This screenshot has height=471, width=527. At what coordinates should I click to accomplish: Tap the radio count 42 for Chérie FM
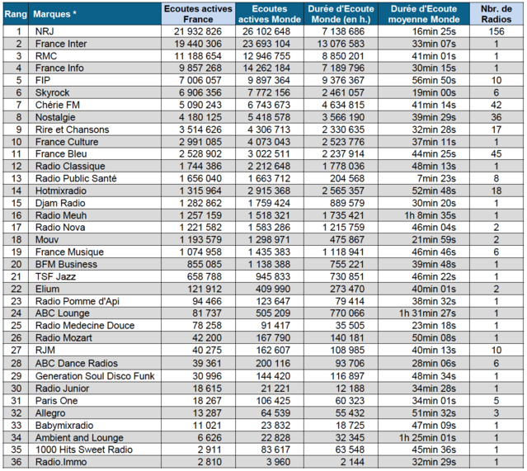click(496, 105)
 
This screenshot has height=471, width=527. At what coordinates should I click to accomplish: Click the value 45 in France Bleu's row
click(496, 154)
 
